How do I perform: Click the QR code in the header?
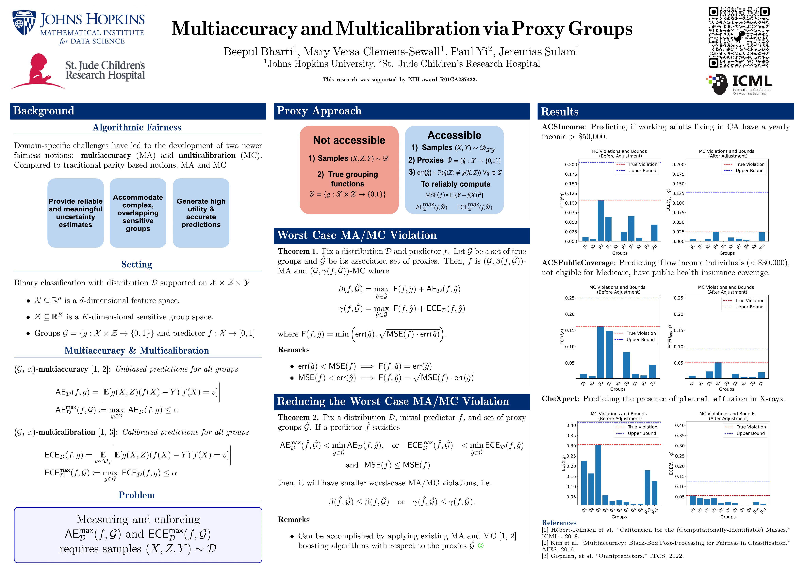739,37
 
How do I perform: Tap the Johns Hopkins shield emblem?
24,23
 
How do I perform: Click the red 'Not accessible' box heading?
349,140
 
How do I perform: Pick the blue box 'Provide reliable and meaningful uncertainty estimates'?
76,213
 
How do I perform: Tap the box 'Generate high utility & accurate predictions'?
201,213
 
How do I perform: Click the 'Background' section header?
44,111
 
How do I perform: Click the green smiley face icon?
481,545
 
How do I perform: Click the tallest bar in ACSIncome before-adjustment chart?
600,220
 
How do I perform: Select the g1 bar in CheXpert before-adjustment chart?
584,482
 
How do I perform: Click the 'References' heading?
559,523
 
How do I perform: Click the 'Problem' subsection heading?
137,495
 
